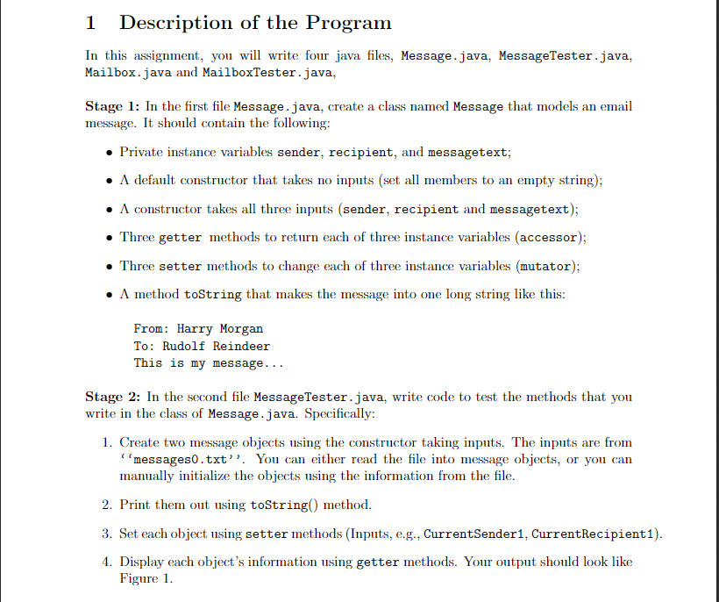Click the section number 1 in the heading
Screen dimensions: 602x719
pyautogui.click(x=91, y=23)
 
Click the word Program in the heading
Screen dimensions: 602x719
pyautogui.click(x=345, y=24)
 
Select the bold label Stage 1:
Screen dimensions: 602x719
pyautogui.click(x=113, y=106)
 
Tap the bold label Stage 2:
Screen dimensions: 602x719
pyautogui.click(x=113, y=397)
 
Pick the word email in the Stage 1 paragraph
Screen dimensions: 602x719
pyautogui.click(x=615, y=106)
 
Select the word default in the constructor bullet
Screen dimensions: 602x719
pyautogui.click(x=159, y=181)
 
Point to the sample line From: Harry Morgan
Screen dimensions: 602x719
pyautogui.click(x=198, y=329)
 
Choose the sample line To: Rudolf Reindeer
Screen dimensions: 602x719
pyautogui.click(x=202, y=346)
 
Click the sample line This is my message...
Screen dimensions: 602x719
pyautogui.click(x=209, y=362)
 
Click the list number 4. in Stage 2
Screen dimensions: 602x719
pyautogui.click(x=106, y=562)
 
